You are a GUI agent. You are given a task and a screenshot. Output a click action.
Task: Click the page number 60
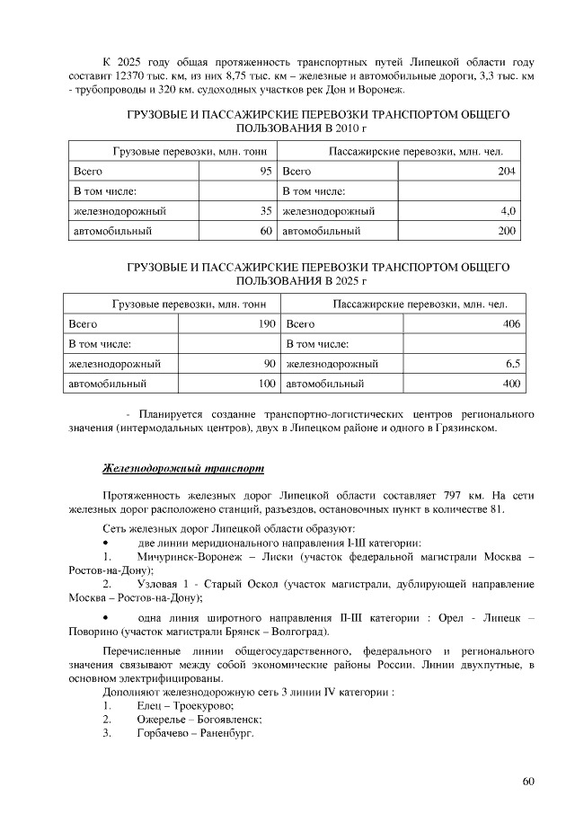[528, 780]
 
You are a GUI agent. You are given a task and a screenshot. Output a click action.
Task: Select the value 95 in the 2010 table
[266, 171]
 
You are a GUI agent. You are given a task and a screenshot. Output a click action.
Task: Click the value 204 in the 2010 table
[507, 171]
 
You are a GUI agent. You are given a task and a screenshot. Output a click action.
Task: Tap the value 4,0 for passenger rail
[509, 211]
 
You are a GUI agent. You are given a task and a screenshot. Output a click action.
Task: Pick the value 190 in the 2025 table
[266, 324]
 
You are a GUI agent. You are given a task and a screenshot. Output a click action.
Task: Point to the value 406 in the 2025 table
[512, 324]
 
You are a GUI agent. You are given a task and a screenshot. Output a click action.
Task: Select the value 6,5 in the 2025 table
[513, 364]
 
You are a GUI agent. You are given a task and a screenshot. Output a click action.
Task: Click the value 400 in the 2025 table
[512, 384]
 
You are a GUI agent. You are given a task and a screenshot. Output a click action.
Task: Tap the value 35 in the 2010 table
[266, 211]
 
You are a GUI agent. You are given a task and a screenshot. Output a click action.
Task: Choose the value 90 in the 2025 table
[269, 364]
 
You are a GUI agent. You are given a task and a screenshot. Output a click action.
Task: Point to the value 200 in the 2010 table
[507, 232]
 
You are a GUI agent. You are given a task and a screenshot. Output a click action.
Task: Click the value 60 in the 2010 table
[266, 232]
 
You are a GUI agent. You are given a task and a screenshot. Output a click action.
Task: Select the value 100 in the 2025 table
[266, 384]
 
